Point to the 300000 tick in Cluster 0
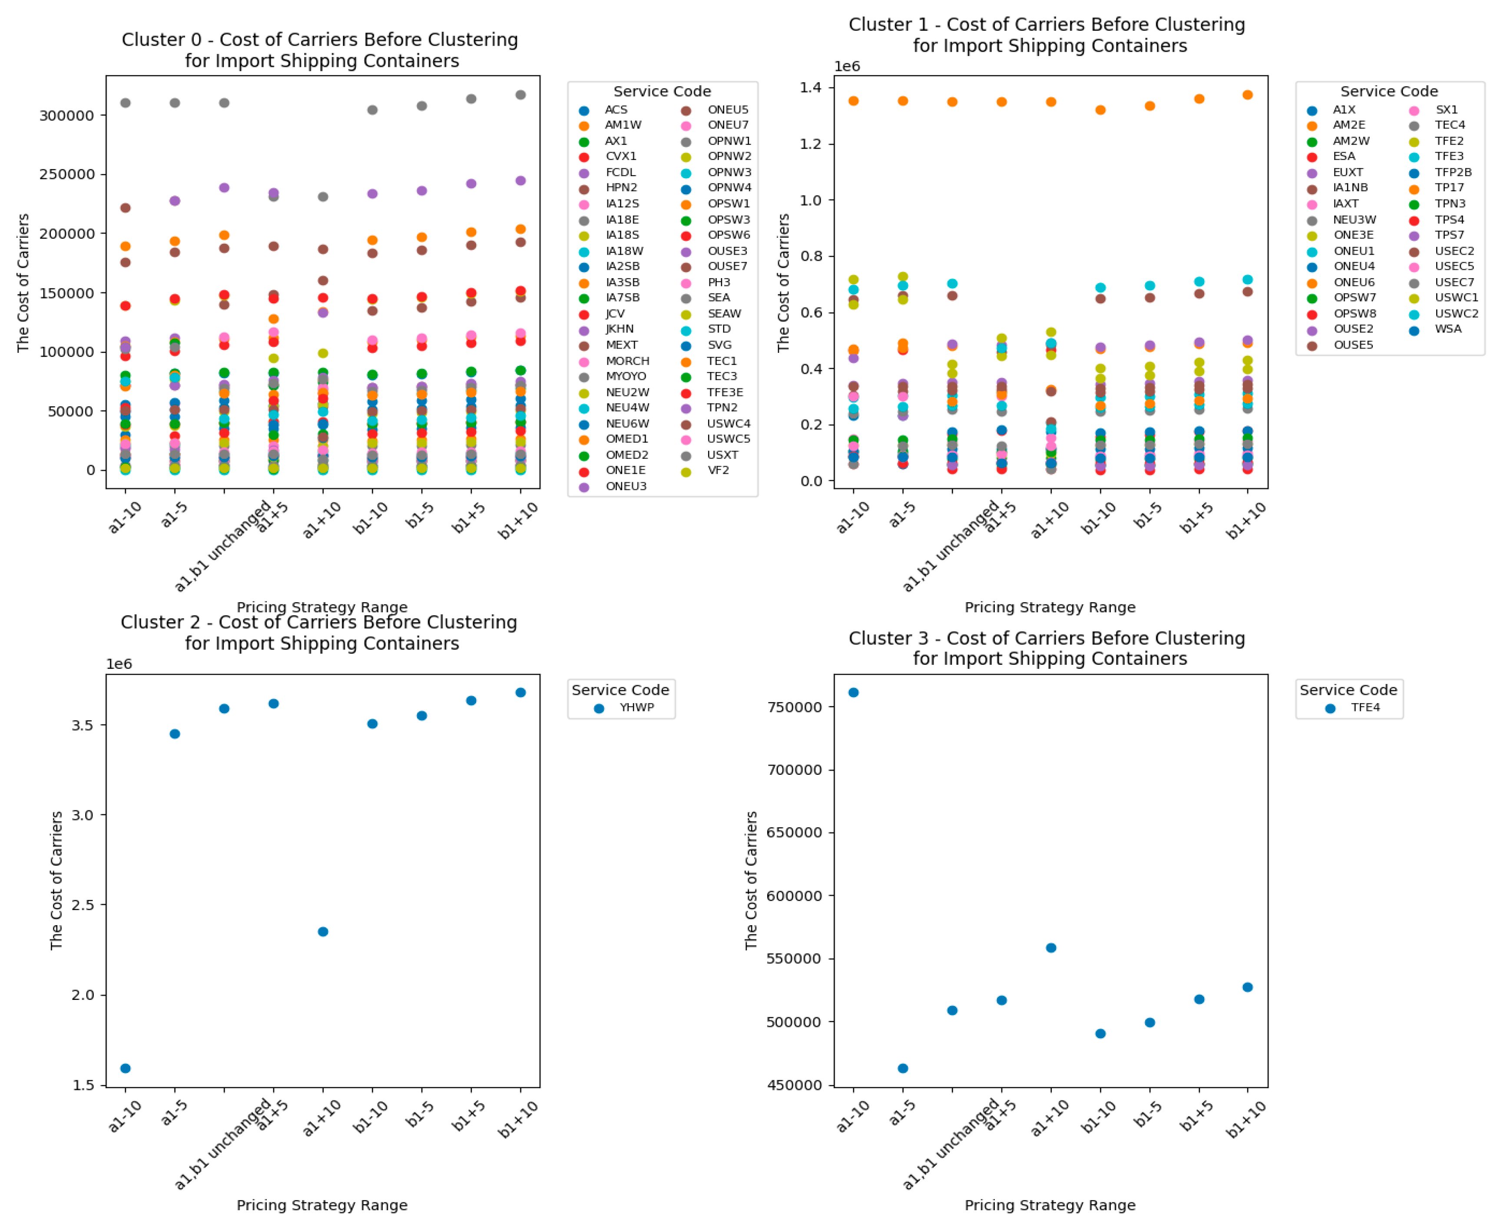[x=66, y=116]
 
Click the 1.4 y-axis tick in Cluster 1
[x=811, y=87]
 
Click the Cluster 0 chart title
[x=320, y=50]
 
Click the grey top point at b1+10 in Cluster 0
[x=520, y=95]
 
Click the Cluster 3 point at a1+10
[x=1050, y=948]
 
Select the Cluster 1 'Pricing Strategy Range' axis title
[x=1050, y=608]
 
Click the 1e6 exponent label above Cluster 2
[x=119, y=664]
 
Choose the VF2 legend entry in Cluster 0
[x=718, y=471]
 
